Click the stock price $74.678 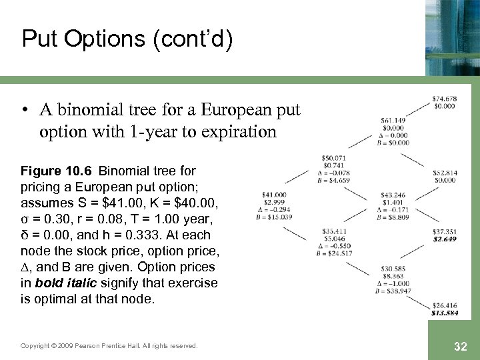444,99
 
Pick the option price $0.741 333,165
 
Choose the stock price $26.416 444,305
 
